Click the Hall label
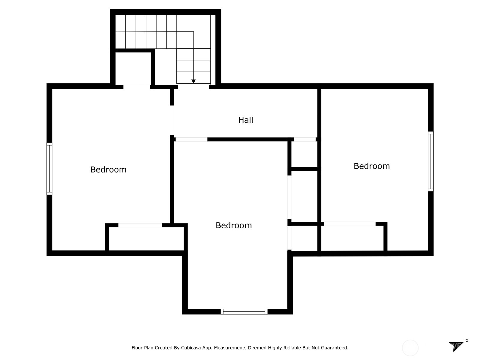coord(245,120)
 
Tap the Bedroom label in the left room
coord(108,169)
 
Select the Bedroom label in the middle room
coord(234,225)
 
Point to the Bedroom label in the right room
coord(371,166)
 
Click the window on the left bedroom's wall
coord(49,169)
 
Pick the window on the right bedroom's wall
coord(430,161)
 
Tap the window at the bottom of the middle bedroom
coord(244,312)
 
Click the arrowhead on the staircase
coord(193,81)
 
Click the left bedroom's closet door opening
coord(140,225)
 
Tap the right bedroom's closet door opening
coord(349,224)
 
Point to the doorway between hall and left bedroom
coord(172,120)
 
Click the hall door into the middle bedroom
coord(191,139)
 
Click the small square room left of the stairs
coord(133,68)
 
